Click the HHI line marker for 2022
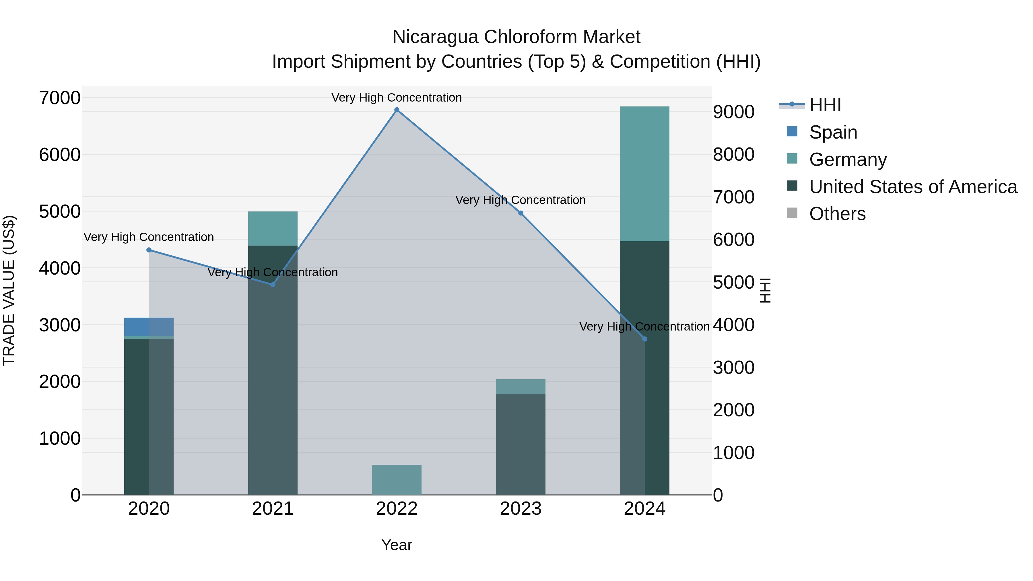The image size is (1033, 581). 397,110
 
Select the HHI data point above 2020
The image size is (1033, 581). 149,250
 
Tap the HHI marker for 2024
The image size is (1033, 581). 644,339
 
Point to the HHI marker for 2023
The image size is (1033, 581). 521,213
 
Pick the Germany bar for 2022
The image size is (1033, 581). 397,479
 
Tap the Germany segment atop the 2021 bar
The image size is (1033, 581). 273,228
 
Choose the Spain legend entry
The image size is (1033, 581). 833,132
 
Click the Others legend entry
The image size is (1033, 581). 837,214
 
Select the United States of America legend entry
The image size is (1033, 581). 913,187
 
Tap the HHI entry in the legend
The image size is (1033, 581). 825,105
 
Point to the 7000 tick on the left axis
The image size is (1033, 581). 60,98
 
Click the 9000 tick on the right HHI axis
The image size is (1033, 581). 733,112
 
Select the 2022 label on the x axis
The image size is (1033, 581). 397,509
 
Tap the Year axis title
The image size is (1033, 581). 397,545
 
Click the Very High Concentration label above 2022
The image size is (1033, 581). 397,98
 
